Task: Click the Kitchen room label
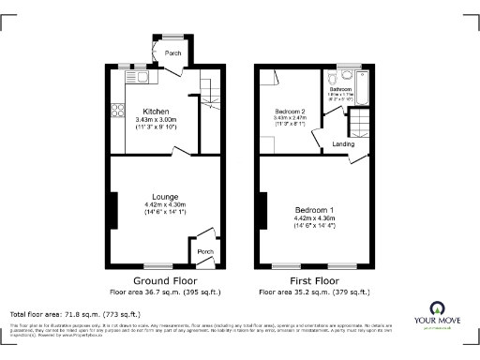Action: [x=156, y=112]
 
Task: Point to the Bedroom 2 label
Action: [x=290, y=112]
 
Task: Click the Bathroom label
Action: [x=339, y=90]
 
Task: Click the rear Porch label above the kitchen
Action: [x=173, y=53]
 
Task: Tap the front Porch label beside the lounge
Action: [x=204, y=250]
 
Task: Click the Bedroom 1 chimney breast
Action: [x=263, y=210]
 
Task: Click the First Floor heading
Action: [x=314, y=280]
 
